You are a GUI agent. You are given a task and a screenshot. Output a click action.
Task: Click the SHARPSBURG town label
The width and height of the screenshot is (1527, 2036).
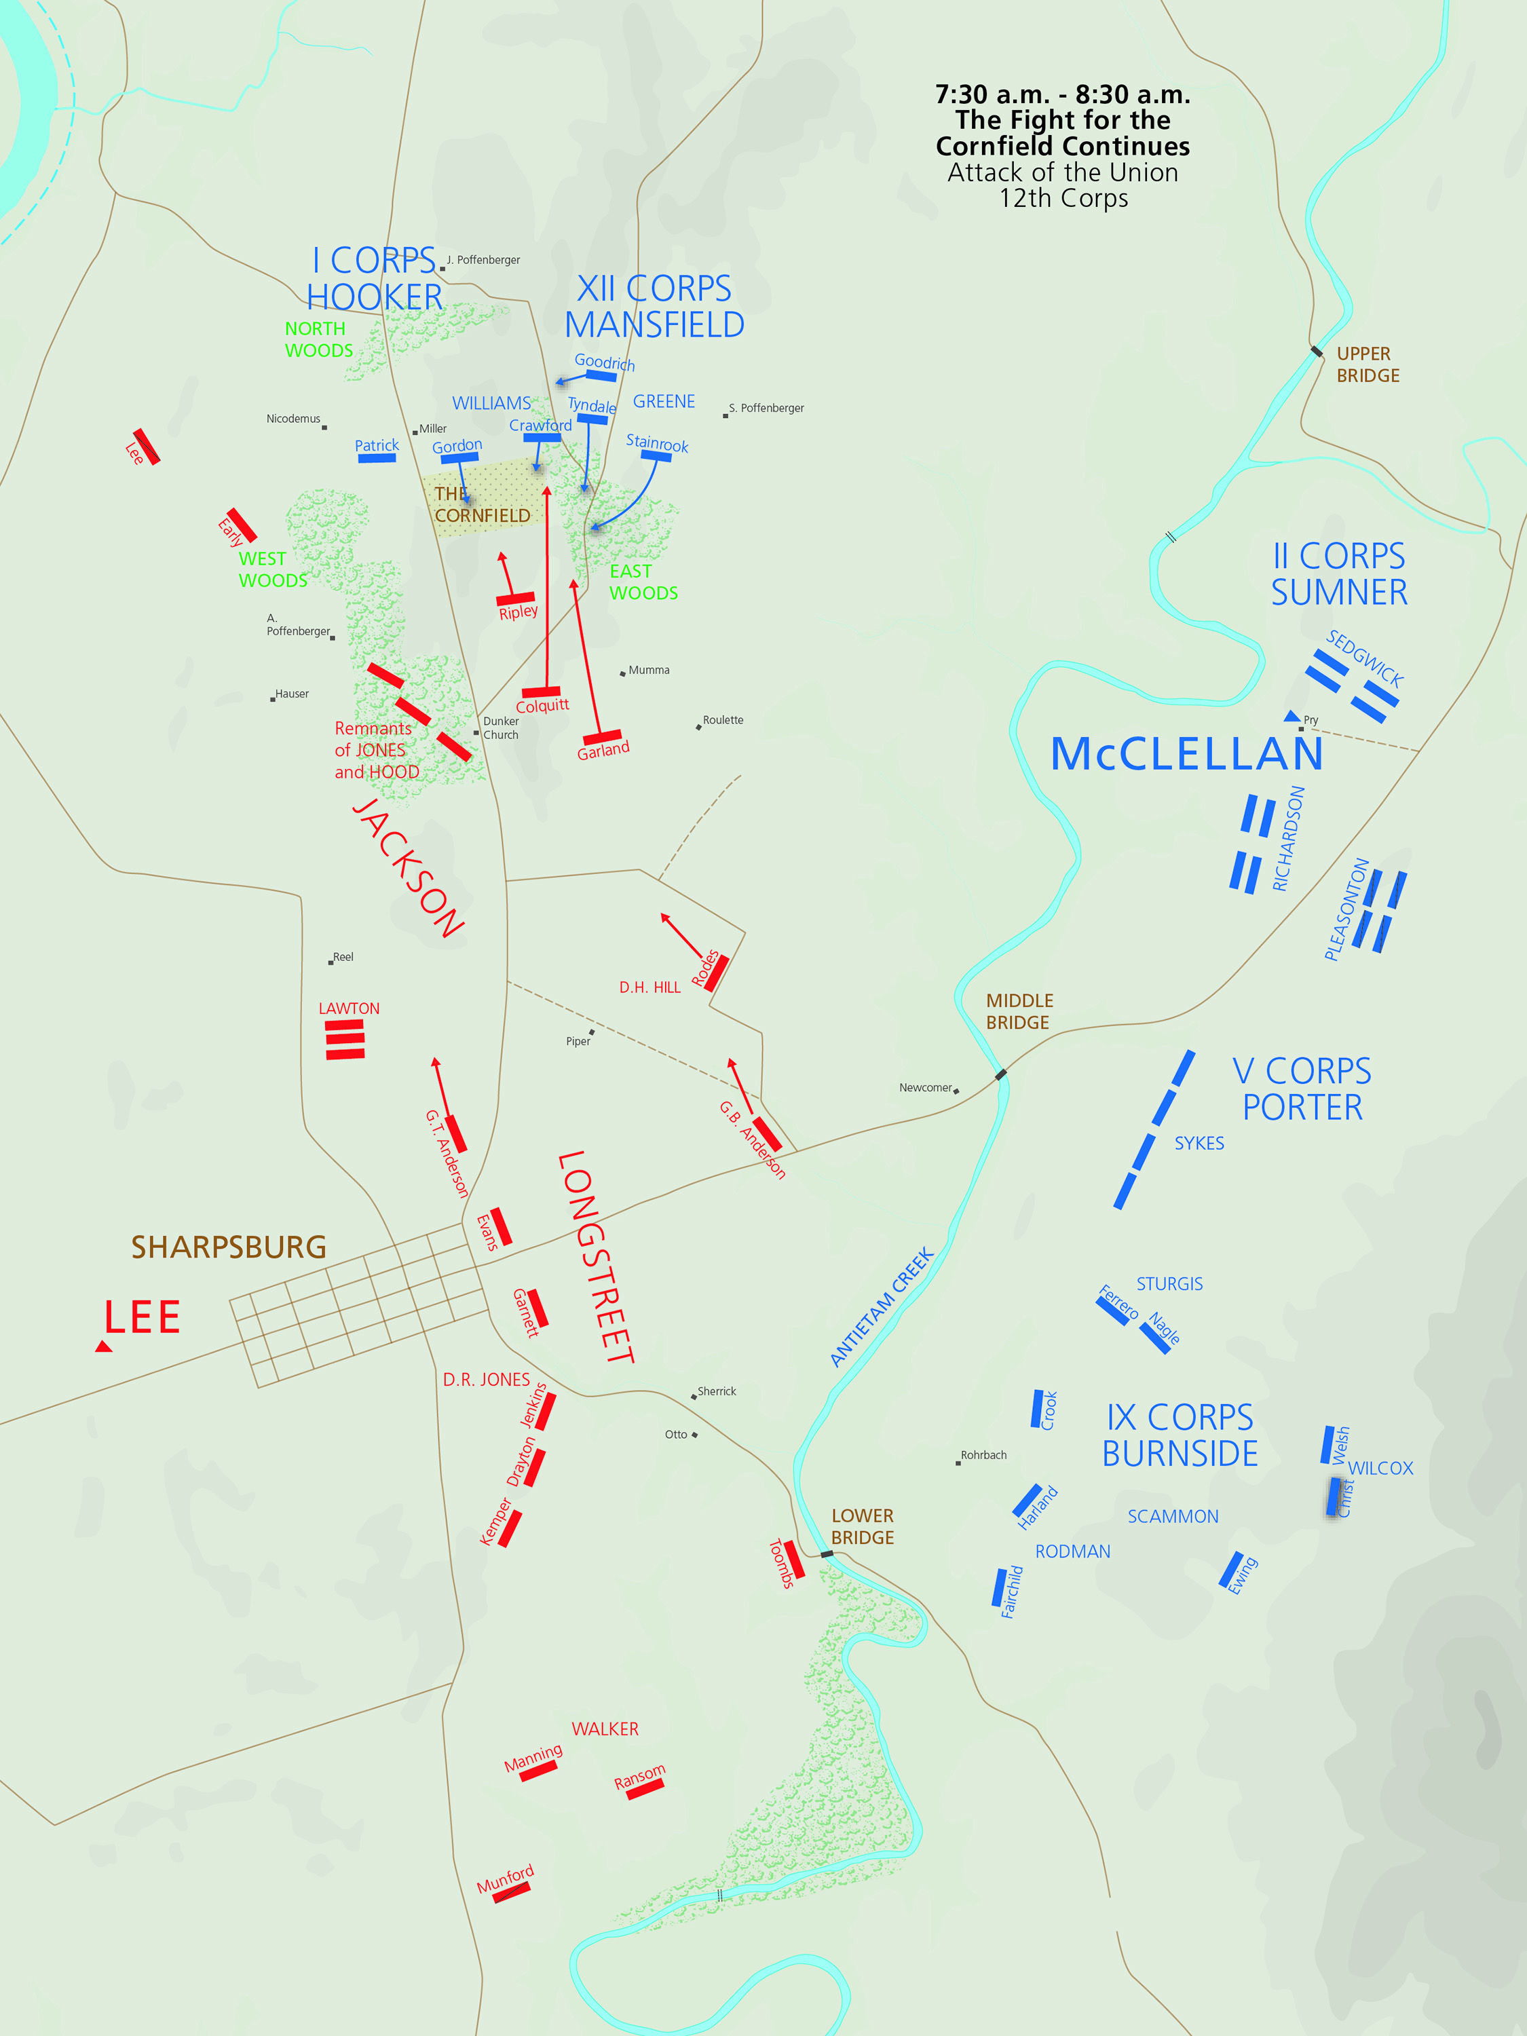(x=228, y=1247)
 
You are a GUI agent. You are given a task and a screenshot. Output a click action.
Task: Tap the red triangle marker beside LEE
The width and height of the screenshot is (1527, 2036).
(x=104, y=1346)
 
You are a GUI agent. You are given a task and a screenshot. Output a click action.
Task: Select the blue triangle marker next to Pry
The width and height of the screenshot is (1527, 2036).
(x=1292, y=716)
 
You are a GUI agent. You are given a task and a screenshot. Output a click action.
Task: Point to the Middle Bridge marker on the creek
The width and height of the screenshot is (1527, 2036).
(x=1000, y=1074)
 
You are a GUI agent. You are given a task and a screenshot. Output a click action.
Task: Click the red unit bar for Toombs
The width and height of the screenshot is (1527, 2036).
(x=793, y=1559)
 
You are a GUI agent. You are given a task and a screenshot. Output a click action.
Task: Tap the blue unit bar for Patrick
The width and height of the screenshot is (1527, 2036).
(x=377, y=457)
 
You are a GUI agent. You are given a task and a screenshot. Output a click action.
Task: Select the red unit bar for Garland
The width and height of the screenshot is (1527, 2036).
(x=602, y=736)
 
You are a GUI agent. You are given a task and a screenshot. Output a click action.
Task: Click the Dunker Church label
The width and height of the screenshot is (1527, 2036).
(x=501, y=728)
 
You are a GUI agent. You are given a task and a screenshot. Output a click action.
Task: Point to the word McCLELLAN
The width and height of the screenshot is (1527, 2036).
(x=1186, y=754)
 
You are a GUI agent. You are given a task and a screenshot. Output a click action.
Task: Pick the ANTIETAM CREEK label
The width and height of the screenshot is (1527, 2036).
(x=882, y=1307)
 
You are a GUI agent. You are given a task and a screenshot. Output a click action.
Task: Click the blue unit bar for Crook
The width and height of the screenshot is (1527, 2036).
(x=1037, y=1408)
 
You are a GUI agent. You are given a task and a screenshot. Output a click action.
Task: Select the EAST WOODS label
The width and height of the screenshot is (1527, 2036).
(x=643, y=582)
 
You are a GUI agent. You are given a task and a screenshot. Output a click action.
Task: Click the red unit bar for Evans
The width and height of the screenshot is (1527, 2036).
(x=501, y=1225)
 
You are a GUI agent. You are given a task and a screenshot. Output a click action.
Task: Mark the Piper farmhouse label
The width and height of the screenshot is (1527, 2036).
(x=578, y=1041)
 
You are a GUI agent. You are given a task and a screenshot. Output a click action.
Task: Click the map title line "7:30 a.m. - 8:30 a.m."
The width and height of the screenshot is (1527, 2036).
(x=1062, y=94)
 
